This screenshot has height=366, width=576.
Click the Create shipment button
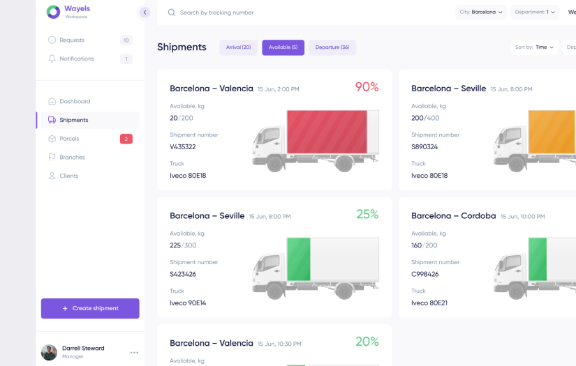pyautogui.click(x=90, y=308)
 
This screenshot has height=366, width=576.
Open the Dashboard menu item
pyautogui.click(x=74, y=101)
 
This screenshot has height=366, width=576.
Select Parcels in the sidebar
pyautogui.click(x=69, y=139)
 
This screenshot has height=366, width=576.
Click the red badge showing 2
pyautogui.click(x=126, y=139)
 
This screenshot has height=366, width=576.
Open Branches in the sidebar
pyautogui.click(x=72, y=158)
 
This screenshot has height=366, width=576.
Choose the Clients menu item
pyautogui.click(x=68, y=176)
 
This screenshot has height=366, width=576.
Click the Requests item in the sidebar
pyautogui.click(x=72, y=40)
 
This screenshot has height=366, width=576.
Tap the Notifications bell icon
pyautogui.click(x=52, y=59)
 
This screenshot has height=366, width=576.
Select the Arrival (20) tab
pyautogui.click(x=239, y=47)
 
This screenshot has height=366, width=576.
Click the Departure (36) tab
pyautogui.click(x=332, y=47)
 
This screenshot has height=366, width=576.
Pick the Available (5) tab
pyautogui.click(x=283, y=47)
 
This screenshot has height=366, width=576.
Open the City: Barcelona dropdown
pyautogui.click(x=481, y=12)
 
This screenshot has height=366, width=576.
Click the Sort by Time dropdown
pyautogui.click(x=535, y=47)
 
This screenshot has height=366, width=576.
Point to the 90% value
pyautogui.click(x=367, y=87)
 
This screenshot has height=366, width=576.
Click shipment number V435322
pyautogui.click(x=183, y=147)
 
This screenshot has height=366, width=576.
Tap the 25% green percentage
pyautogui.click(x=367, y=214)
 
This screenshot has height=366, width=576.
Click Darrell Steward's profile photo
pyautogui.click(x=49, y=352)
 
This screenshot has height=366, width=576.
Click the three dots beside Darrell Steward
pyautogui.click(x=134, y=352)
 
